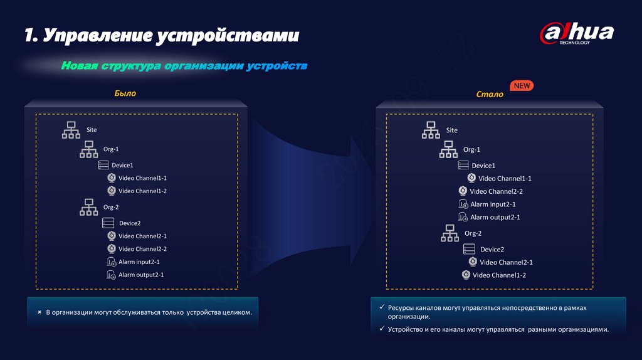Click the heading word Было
(x=125, y=93)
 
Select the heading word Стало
(x=490, y=95)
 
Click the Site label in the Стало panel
(x=452, y=130)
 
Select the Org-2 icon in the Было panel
(x=88, y=207)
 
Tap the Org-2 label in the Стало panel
(x=473, y=233)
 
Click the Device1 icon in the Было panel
(x=103, y=165)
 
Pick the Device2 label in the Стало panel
(x=492, y=250)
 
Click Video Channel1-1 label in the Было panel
(x=142, y=178)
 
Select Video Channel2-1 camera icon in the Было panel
(x=111, y=236)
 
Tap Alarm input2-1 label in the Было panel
(x=139, y=262)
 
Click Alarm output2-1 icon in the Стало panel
(x=463, y=217)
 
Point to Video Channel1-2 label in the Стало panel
(x=499, y=275)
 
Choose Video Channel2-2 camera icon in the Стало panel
(x=463, y=191)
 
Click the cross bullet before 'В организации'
(x=39, y=312)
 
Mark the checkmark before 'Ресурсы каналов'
(x=382, y=308)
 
